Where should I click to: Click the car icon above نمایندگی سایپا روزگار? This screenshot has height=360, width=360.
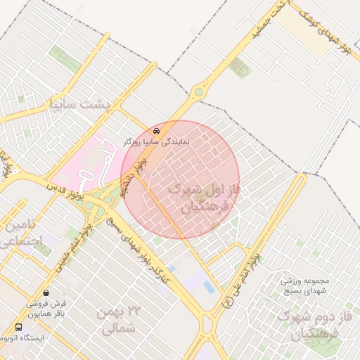coord(156,131)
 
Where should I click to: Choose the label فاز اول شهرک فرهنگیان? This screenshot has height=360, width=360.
coord(205,198)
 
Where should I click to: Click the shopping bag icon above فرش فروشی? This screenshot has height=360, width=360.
coord(46,292)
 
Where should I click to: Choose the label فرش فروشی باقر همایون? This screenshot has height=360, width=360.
coord(45,309)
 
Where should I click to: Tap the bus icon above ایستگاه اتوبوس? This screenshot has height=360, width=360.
coord(18,327)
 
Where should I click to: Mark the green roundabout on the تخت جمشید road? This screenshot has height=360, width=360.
coord(199,91)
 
